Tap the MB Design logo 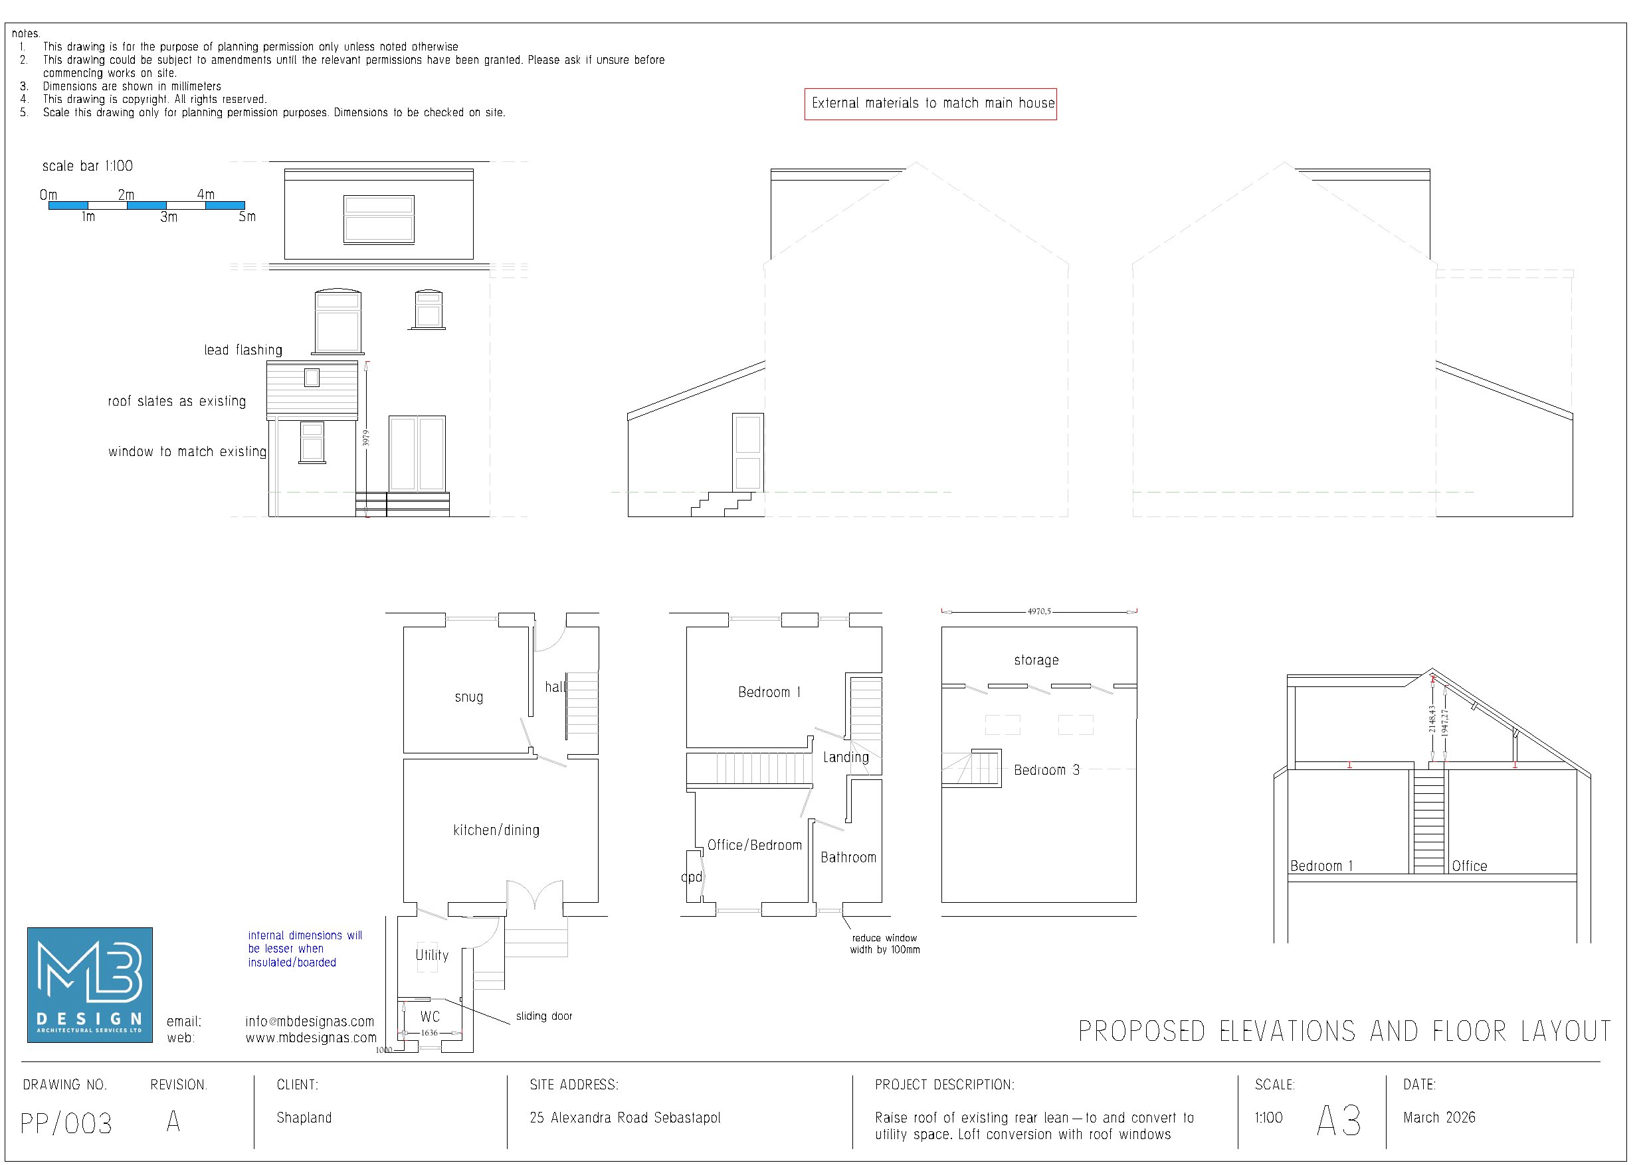point(90,985)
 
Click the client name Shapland point(304,1118)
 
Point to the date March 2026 point(1438,1118)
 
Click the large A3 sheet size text point(1339,1120)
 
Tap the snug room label point(468,697)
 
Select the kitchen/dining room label point(496,830)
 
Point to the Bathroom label point(848,858)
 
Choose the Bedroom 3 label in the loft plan point(1046,770)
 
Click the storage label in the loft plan point(1036,660)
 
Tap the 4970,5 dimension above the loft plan point(1038,611)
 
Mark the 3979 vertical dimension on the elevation point(365,438)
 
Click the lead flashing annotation point(242,350)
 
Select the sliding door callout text point(543,1016)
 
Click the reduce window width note point(884,944)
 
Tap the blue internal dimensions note point(304,949)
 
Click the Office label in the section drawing point(1469,866)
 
